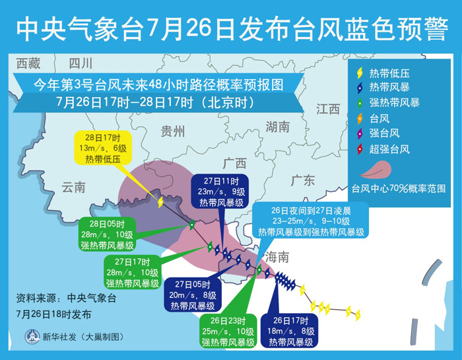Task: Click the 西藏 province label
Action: point(28,63)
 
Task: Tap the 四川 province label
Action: point(81,63)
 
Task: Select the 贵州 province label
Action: point(173,131)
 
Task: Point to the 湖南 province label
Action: point(278,127)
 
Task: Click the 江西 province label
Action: point(328,109)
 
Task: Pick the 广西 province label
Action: point(234,163)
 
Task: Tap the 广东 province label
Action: point(302,180)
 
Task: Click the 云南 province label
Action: point(74,187)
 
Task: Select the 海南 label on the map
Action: point(277,258)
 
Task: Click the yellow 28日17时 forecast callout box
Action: point(103,148)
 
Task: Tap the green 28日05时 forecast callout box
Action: point(107,234)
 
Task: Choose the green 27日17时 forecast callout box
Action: point(132,272)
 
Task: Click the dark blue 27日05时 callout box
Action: point(193,295)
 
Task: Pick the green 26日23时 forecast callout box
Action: point(228,332)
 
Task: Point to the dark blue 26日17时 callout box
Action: point(291,332)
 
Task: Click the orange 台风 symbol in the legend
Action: point(360,119)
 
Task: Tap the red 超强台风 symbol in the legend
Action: point(360,149)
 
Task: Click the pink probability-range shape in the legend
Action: point(376,170)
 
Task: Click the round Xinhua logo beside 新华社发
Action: point(32,336)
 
